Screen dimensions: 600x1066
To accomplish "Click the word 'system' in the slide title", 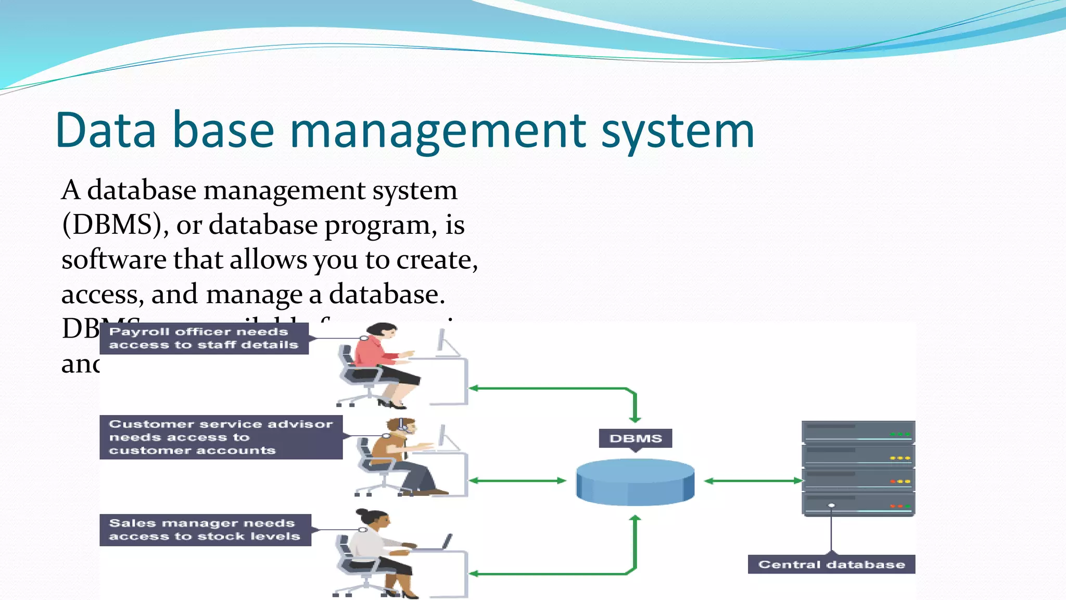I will tap(678, 131).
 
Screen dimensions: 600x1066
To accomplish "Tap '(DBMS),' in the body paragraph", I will tap(115, 226).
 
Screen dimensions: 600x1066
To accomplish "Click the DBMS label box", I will tap(635, 439).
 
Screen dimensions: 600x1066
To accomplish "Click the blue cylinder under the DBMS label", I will tap(635, 482).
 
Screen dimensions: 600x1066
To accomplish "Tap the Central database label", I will tap(831, 565).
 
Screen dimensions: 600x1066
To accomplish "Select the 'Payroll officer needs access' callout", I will tap(204, 339).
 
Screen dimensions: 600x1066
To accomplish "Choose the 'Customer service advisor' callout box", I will tap(221, 438).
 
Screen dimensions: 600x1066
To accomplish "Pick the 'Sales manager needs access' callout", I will tap(205, 530).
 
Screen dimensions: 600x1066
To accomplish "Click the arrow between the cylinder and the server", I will tap(752, 481).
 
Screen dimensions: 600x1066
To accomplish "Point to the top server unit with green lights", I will tap(858, 432).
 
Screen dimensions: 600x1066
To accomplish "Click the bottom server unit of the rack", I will tap(858, 504).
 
